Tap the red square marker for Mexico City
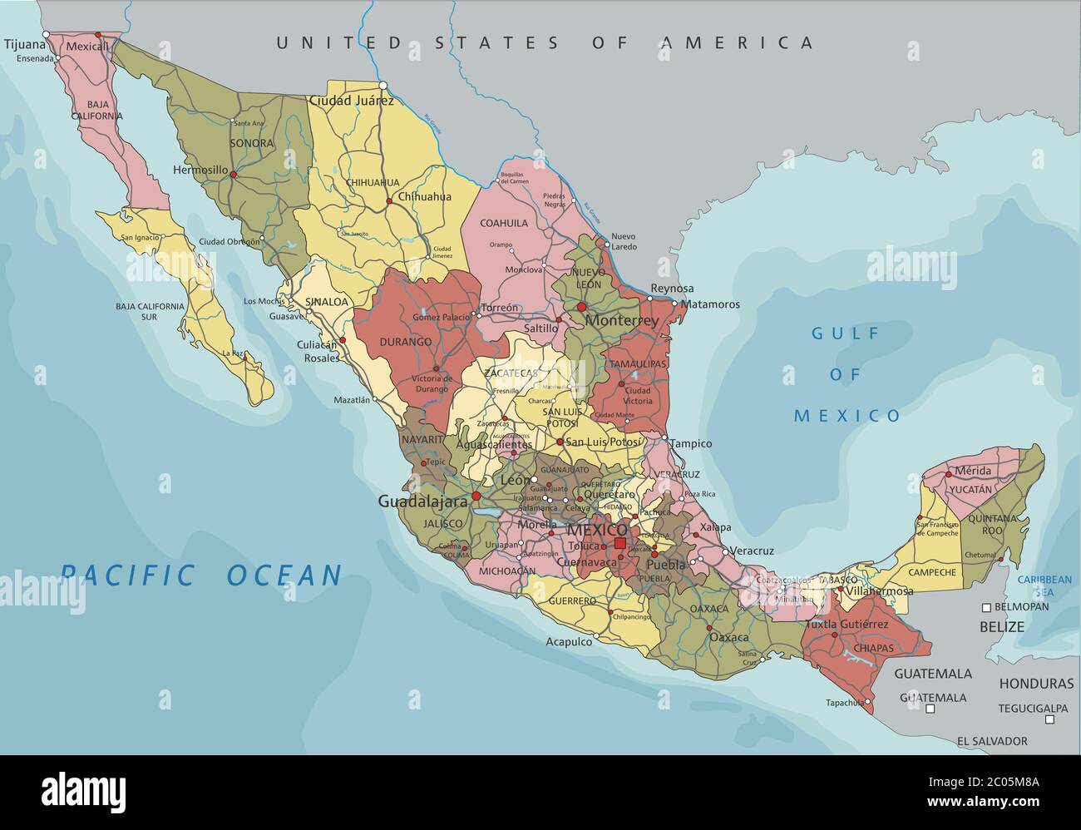[x=619, y=543]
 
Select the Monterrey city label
[x=622, y=320]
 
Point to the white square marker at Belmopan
[x=986, y=607]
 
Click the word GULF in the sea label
[x=845, y=334]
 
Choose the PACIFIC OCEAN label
[x=202, y=575]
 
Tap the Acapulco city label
[x=569, y=641]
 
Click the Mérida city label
[x=973, y=471]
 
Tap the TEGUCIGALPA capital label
[x=1033, y=709]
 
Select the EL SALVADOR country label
[x=991, y=741]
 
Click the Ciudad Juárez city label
[x=351, y=101]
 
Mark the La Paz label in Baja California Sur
[x=232, y=353]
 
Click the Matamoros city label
[x=710, y=304]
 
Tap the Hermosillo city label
[x=200, y=170]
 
